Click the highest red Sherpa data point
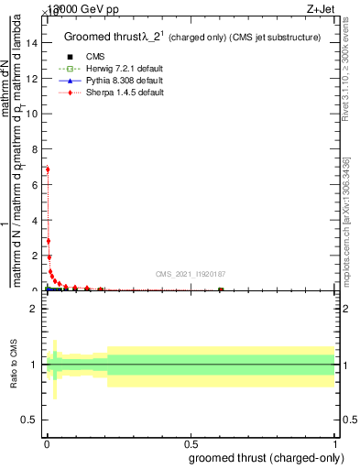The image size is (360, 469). pyautogui.click(x=48, y=169)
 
